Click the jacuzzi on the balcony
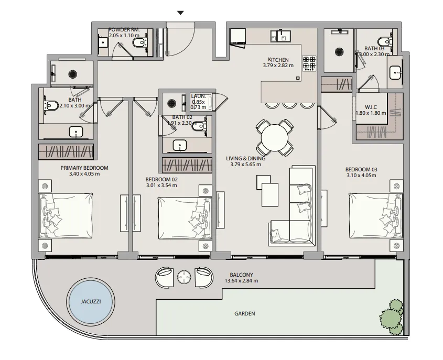(x=90, y=301)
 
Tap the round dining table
(x=274, y=138)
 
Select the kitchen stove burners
(x=309, y=63)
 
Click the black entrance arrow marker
(x=180, y=13)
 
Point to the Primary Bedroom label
(x=84, y=168)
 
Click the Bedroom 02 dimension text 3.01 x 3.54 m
(x=161, y=186)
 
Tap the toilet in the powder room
(x=139, y=43)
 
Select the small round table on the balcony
(x=184, y=277)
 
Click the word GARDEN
(x=245, y=313)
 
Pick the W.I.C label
(x=371, y=107)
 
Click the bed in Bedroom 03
(x=376, y=215)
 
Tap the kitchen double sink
(x=280, y=36)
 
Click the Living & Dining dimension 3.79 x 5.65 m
(x=245, y=165)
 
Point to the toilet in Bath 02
(x=199, y=126)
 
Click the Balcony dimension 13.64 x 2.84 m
(x=241, y=281)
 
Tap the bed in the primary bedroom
(x=66, y=215)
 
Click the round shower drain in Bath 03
(x=339, y=52)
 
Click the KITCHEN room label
(x=278, y=60)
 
